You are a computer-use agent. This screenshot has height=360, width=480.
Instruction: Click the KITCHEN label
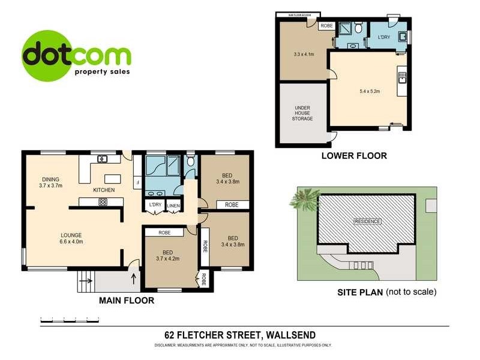pos(103,190)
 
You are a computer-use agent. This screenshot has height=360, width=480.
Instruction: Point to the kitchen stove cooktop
pos(103,202)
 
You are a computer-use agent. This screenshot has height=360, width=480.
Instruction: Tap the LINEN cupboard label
pos(173,205)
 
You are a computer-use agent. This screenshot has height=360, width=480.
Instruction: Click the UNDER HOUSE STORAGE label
pos(302,113)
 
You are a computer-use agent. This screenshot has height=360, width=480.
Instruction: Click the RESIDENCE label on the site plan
pos(367,221)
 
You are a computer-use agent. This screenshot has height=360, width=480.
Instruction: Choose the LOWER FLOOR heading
pos(354,155)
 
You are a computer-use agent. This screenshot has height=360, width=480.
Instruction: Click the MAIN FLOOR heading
pos(126,300)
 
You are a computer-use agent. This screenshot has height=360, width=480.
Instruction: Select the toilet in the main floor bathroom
pos(190,161)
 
